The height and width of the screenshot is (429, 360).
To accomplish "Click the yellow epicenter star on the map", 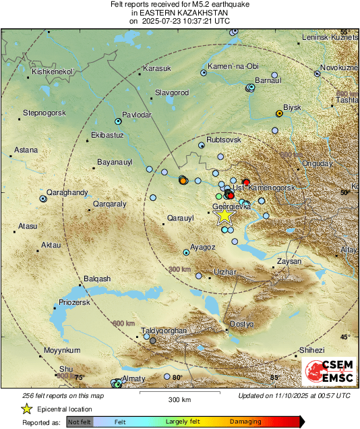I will click(x=224, y=216).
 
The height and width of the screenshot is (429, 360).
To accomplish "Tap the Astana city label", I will click(x=26, y=150).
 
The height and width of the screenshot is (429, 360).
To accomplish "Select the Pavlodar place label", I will click(x=138, y=115).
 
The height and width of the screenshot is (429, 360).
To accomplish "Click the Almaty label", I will click(x=132, y=379).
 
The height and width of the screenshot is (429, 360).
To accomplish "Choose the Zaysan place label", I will click(x=289, y=260).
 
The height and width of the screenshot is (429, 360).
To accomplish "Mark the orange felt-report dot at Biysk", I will click(x=278, y=113).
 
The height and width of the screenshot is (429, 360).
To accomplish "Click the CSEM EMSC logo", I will click(x=328, y=372).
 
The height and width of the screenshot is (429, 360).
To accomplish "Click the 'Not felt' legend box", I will click(x=79, y=422).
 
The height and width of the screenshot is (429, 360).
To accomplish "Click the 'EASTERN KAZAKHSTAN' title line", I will click(x=179, y=13).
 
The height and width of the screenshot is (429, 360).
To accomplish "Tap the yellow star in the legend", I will click(x=26, y=409).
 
